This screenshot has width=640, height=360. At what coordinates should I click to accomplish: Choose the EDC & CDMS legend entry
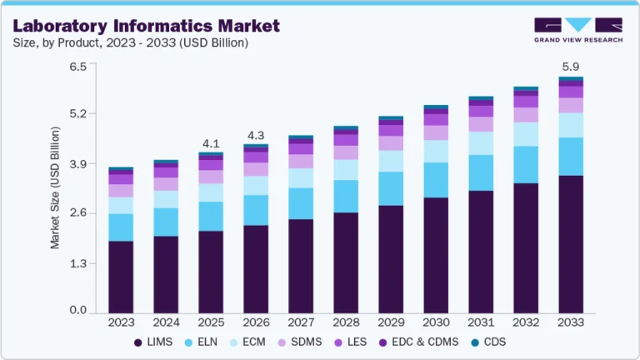[x=439, y=342]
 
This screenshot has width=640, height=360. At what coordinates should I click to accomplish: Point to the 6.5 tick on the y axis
[x=77, y=66]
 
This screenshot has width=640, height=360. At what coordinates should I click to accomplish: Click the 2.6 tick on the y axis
[x=77, y=213]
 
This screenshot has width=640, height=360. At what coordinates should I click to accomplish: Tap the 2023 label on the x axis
[x=121, y=322]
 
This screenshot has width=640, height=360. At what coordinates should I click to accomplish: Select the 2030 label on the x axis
[x=436, y=322]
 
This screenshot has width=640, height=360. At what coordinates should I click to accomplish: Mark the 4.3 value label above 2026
[x=256, y=135]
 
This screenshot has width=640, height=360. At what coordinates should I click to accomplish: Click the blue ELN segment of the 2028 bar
[x=346, y=196]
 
